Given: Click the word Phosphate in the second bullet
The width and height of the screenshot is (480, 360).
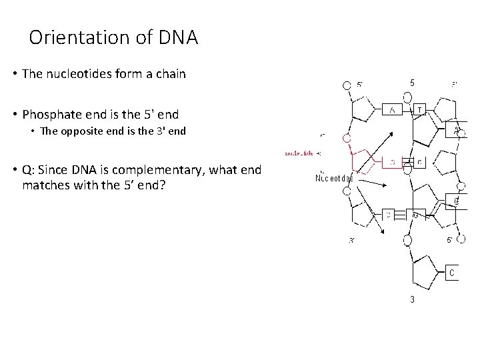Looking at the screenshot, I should click(53, 114).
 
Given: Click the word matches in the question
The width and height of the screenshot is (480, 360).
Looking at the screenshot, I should click(45, 184).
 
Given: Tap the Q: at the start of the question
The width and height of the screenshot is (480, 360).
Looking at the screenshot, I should click(29, 169).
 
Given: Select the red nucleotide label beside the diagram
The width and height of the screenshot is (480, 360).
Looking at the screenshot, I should click(299, 153).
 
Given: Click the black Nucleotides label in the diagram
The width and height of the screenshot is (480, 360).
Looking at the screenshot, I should click(333, 178).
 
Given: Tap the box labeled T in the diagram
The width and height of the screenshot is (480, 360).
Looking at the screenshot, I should click(419, 109).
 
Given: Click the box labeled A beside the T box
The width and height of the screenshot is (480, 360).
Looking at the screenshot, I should click(392, 109).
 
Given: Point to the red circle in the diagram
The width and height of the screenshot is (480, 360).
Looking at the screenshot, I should click(347, 138).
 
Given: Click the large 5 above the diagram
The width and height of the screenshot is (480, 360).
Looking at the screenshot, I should click(412, 83).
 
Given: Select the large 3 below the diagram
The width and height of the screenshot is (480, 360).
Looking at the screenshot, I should click(412, 299).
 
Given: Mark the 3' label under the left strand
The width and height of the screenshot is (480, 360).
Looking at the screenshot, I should click(352, 241).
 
